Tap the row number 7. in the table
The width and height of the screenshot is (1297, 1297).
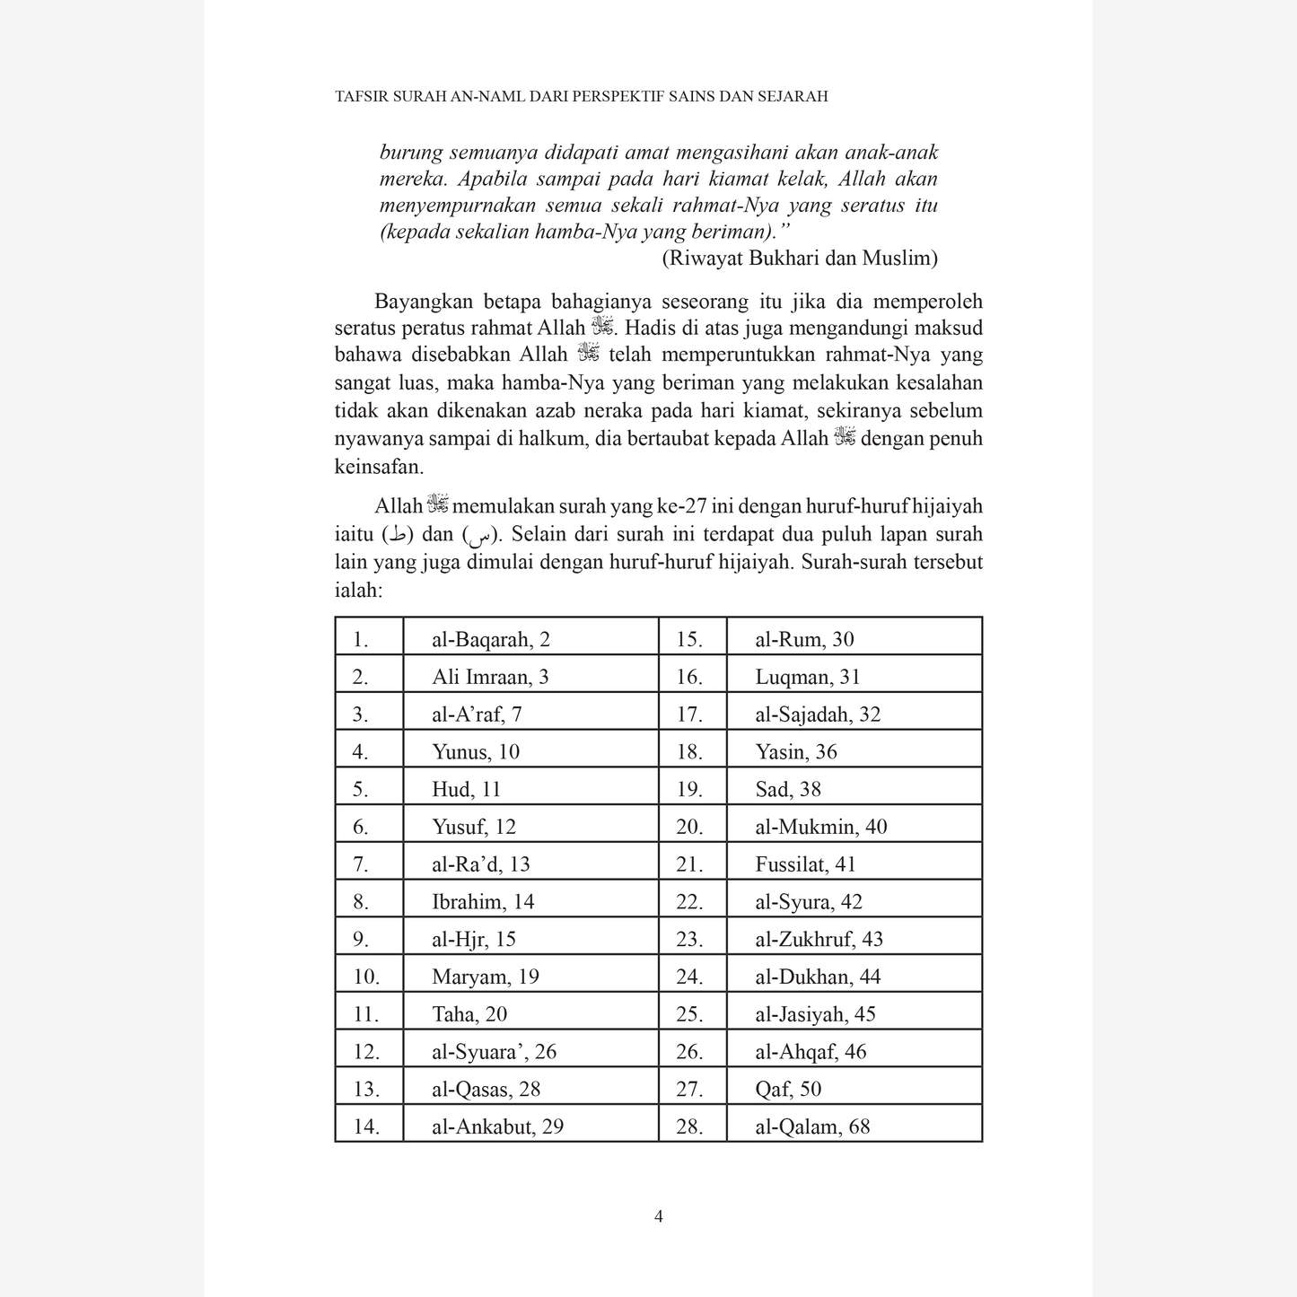click(361, 864)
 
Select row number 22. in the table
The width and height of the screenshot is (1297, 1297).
click(689, 902)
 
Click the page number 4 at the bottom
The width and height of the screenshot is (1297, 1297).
click(659, 1217)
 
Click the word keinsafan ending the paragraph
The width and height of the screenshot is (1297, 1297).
click(379, 467)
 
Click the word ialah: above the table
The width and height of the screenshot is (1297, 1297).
click(359, 591)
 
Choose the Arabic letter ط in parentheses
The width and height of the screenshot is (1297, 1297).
click(398, 536)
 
